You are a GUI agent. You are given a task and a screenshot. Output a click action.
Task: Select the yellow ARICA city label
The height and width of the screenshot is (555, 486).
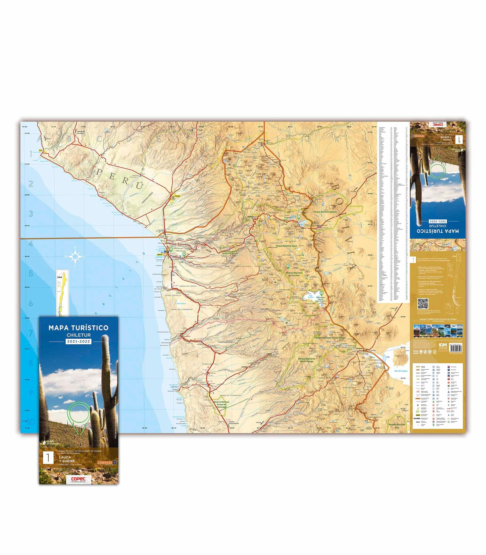pos(160,254)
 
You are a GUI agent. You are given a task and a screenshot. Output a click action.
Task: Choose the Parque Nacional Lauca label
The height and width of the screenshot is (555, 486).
pos(286,246)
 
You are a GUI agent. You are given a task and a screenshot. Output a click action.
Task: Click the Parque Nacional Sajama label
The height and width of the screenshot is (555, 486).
pos(325,212)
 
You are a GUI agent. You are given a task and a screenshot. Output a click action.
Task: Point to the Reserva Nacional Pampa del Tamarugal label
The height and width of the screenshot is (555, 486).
pos(222,405)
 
